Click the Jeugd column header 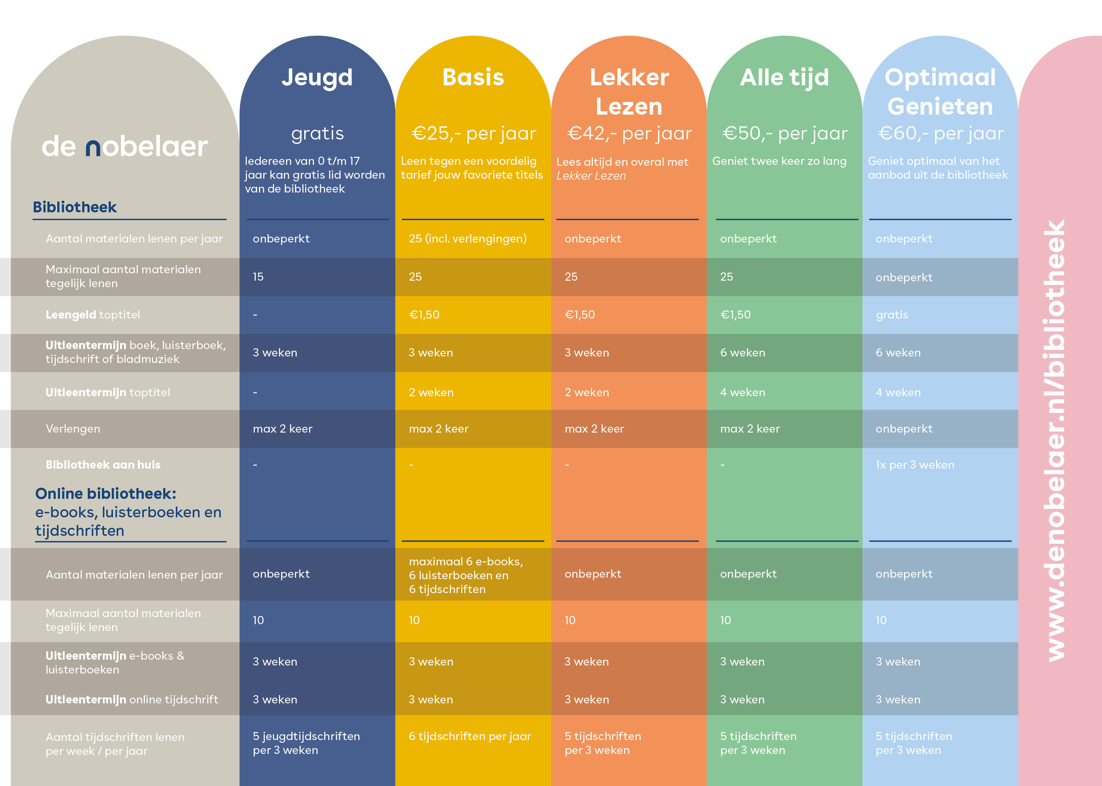coord(317,77)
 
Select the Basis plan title coord(473,77)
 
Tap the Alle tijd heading coord(784,77)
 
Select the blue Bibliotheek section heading coord(75,207)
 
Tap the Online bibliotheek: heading coord(105,494)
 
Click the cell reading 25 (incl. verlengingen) coord(468,238)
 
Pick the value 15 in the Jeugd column coord(258,277)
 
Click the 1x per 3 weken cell coord(915,465)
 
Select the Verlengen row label coord(73,429)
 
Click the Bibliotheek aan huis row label coord(103,465)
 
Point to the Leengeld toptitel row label coord(92,315)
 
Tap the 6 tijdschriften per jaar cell coord(470,736)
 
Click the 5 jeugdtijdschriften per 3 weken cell coord(306,743)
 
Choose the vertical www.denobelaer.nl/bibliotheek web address coord(1056,440)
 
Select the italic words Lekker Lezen coord(591,176)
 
